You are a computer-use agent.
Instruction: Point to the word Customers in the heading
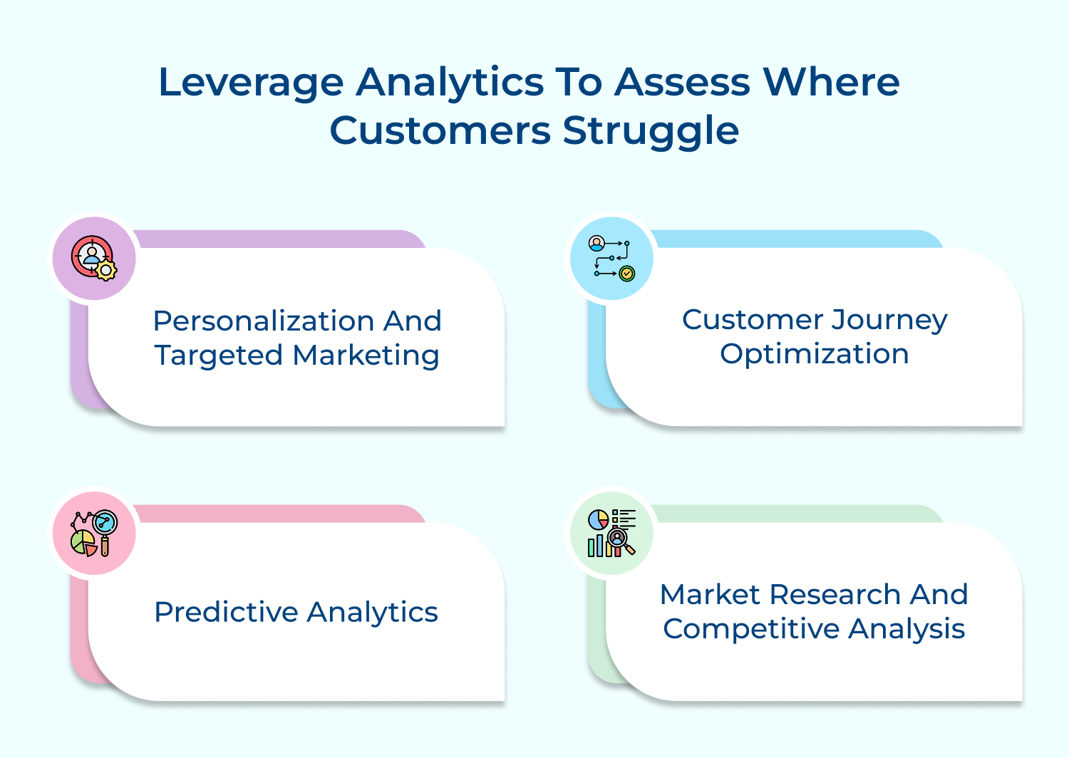coord(440,130)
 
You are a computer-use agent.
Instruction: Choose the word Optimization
coord(814,355)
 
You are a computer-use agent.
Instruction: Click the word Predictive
coord(227,612)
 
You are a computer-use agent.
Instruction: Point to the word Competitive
coord(751,630)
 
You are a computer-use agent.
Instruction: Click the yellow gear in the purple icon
coord(106,271)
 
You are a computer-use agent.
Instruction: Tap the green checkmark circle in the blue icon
coord(626,274)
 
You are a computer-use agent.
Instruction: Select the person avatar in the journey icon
coord(597,243)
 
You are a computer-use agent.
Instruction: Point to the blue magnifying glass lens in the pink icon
coord(105,522)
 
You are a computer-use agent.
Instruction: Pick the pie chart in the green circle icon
coord(598,519)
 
